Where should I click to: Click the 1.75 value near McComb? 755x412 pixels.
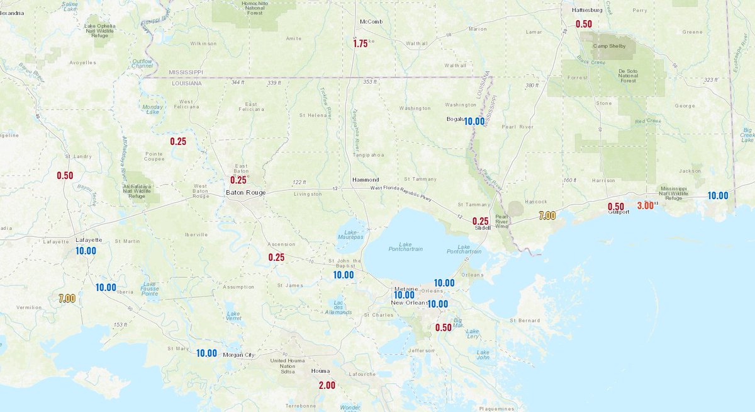click(360, 44)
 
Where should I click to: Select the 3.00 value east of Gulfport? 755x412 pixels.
click(645, 205)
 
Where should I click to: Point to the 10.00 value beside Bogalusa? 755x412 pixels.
click(474, 122)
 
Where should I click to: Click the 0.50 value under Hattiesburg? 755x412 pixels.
click(584, 24)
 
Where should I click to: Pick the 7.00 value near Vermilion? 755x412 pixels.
click(67, 299)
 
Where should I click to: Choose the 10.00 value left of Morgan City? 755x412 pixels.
click(206, 353)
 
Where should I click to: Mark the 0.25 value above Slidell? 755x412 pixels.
click(481, 221)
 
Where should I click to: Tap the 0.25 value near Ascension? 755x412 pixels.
click(276, 257)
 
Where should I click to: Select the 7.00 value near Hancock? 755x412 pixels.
click(547, 216)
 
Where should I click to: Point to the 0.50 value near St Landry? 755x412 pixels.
click(65, 176)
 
